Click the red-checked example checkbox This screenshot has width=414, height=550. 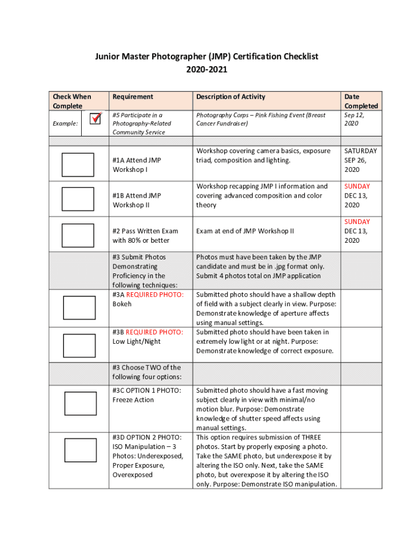95,118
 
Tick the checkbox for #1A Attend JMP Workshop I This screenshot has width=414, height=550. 77,165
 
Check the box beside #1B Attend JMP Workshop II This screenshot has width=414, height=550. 77,199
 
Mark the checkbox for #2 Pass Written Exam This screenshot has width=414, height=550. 77,235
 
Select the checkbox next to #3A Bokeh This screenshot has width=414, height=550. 79,308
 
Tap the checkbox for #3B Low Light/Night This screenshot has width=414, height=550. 79,344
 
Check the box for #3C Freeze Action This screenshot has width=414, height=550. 80,403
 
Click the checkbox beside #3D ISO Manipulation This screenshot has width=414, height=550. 80,451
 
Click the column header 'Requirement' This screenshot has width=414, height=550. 133,97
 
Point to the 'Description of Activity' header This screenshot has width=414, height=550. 231,97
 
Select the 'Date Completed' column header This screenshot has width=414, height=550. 361,101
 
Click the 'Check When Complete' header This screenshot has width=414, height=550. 72,101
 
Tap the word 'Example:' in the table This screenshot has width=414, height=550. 65,124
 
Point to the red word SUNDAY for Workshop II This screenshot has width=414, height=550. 357,186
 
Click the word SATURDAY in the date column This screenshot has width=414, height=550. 361,151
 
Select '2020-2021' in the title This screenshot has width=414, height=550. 207,70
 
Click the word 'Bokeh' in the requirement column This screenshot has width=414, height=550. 122,304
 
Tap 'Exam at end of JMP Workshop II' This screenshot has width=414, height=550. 245,231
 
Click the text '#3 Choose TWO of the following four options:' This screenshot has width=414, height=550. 147,372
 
